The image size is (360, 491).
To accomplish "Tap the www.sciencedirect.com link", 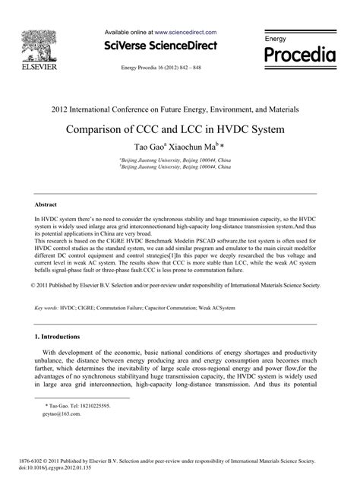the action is [x=186, y=33].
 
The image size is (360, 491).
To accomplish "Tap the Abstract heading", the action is [x=47, y=184].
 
